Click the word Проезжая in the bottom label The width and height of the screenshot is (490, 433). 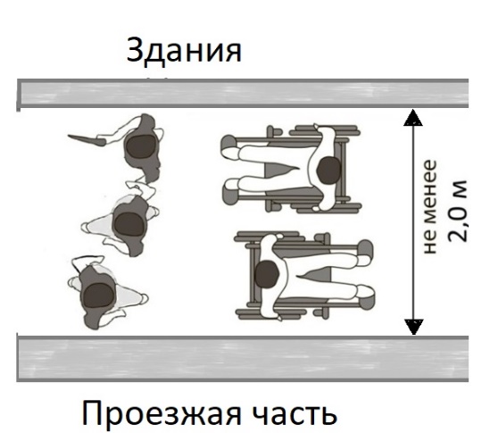pos(162,413)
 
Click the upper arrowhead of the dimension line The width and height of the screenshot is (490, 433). pos(413,118)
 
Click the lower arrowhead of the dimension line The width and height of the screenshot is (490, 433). pos(414,327)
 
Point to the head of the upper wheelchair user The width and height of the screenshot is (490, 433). pos(328,170)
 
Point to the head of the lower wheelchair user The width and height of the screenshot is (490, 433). pos(267,274)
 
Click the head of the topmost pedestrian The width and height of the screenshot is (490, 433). pos(141,147)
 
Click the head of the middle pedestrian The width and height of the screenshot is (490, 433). pos(130,224)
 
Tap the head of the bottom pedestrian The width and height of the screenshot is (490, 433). pos(98,296)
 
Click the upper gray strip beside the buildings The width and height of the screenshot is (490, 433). pos(243,93)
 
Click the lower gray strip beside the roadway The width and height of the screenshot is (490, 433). pos(243,359)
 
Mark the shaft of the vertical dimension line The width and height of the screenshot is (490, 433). pos(413,222)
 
